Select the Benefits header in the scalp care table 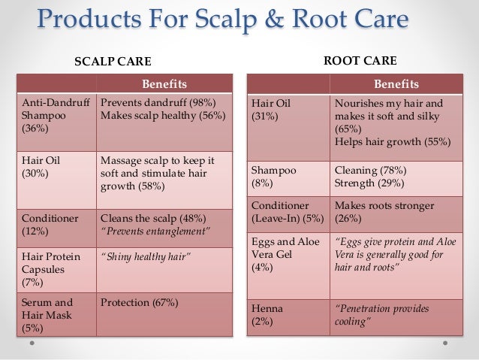[164, 83]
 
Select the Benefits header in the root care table [397, 83]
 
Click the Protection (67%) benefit [139, 303]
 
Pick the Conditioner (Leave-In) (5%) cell [288, 211]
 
